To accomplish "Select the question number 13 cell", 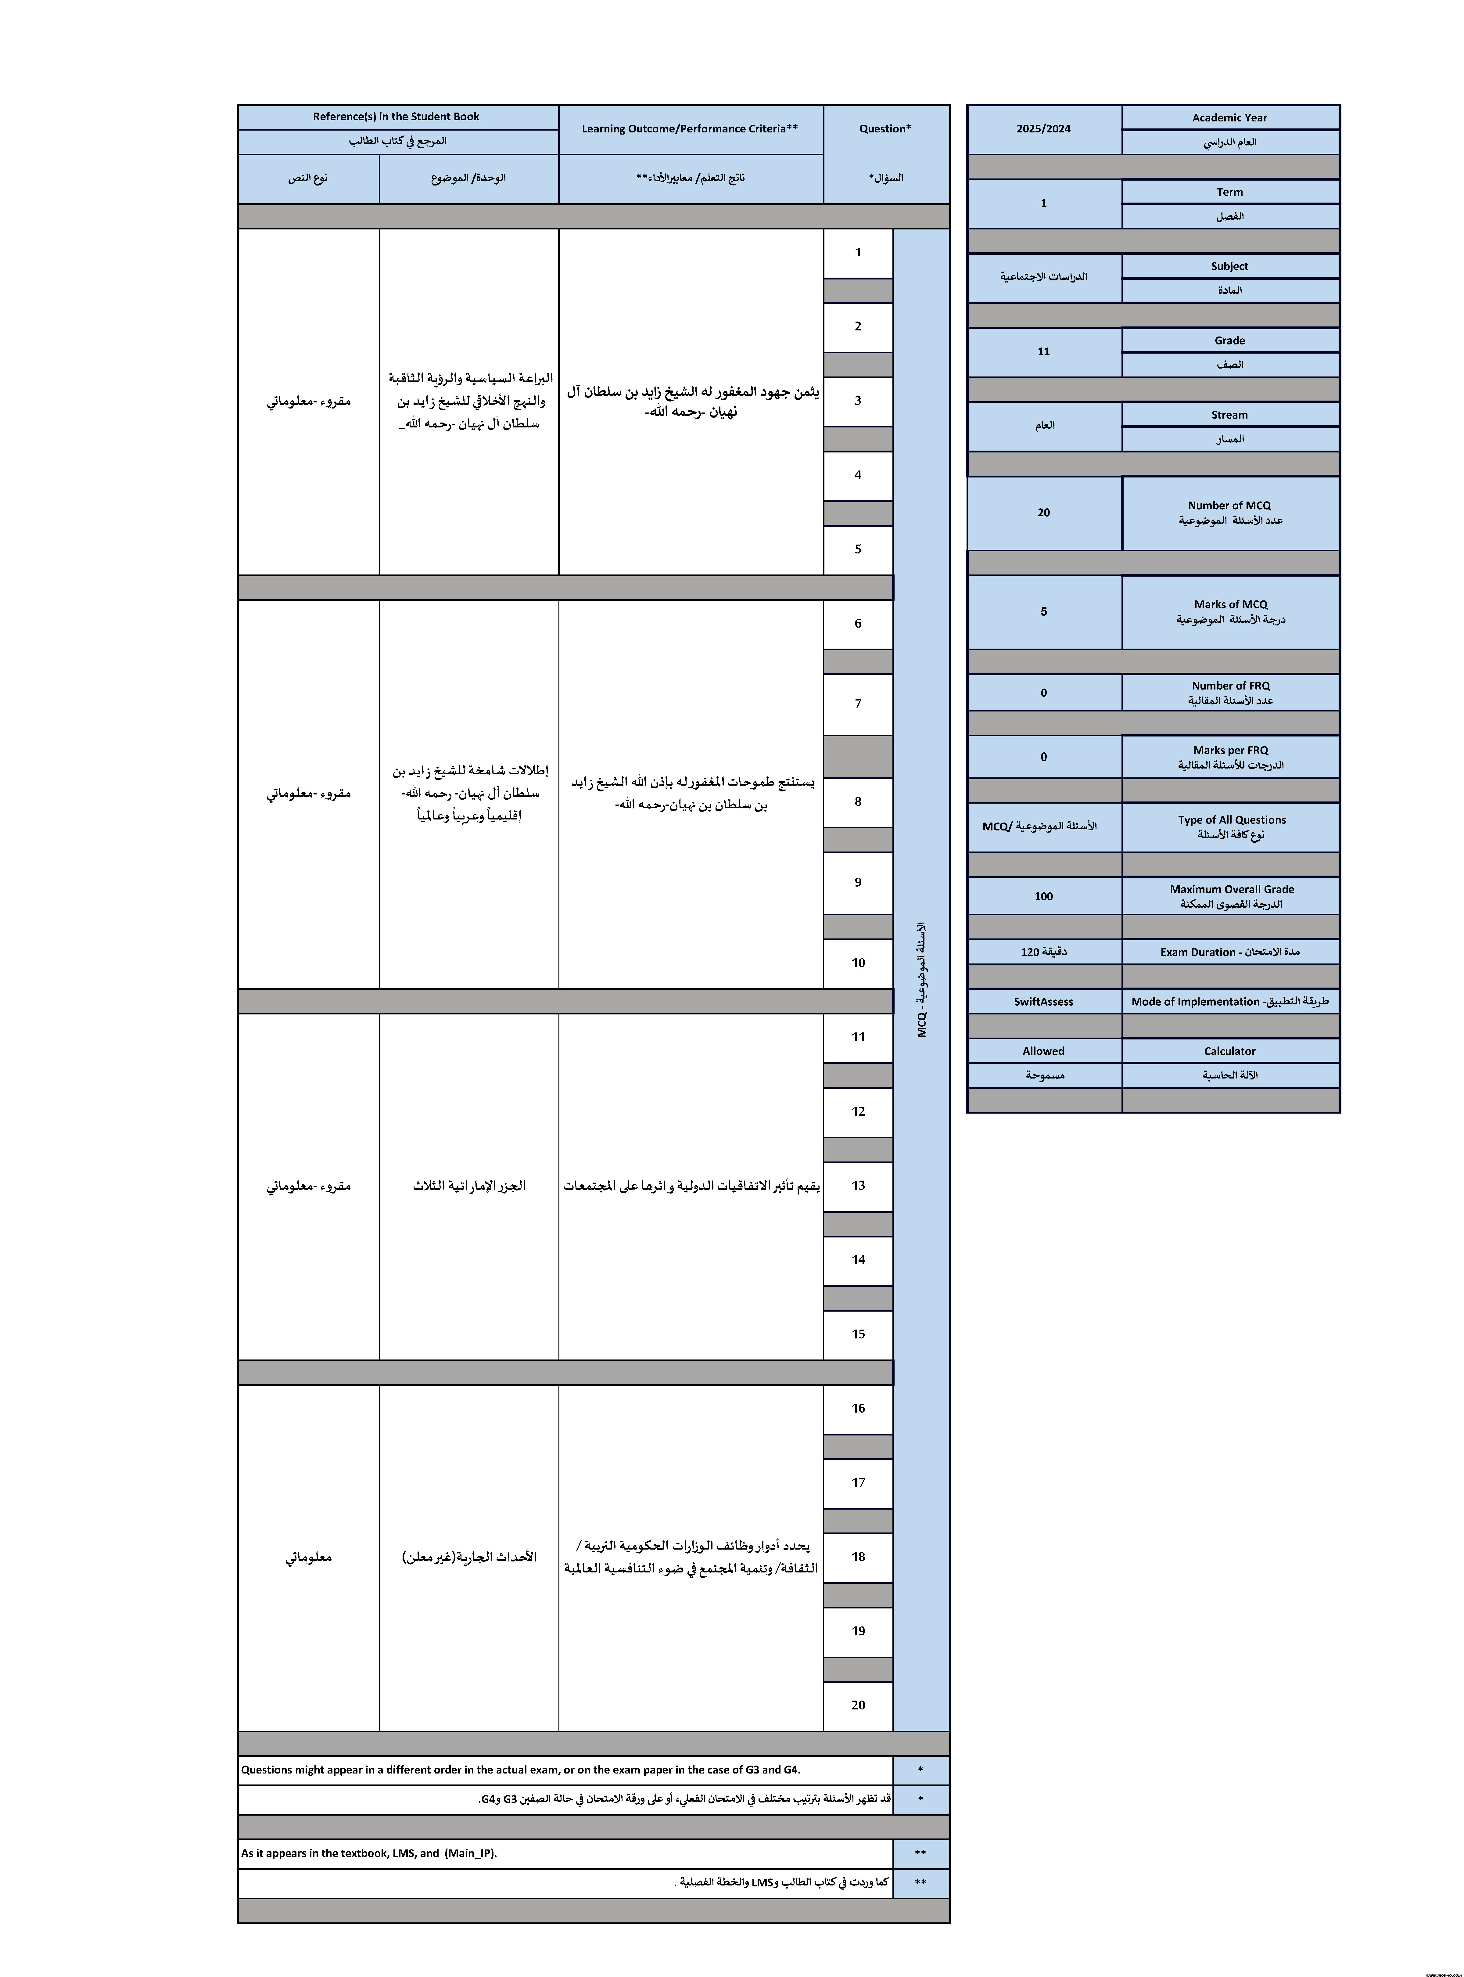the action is point(858,1185).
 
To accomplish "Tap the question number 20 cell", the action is point(858,1705).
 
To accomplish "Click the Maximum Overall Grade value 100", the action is point(1044,896).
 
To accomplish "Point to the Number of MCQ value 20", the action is point(1044,513).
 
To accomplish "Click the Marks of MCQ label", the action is point(1230,605).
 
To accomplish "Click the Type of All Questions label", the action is point(1232,820).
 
